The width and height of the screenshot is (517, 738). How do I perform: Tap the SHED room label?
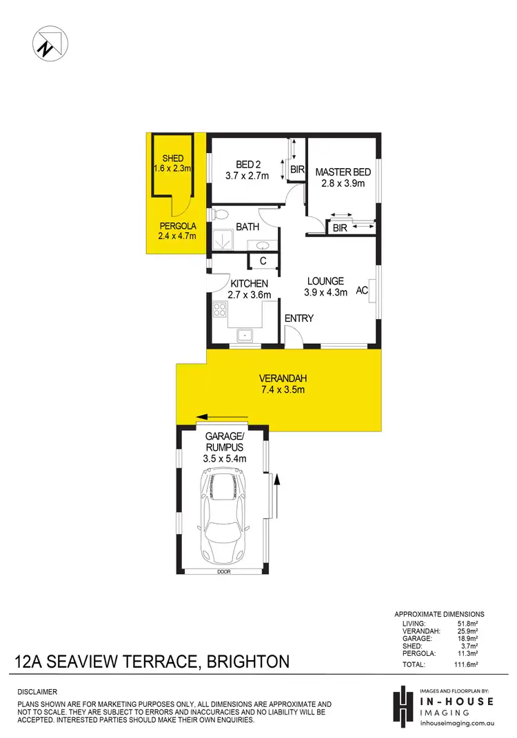point(172,158)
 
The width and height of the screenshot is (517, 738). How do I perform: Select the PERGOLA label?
point(179,226)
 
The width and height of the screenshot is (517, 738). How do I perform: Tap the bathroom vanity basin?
point(263,245)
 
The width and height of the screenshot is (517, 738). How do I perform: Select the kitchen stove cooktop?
point(221,309)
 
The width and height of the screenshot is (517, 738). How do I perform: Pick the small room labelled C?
point(263,261)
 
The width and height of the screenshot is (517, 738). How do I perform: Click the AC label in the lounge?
point(361,291)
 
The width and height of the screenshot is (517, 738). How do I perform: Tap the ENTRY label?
point(299,318)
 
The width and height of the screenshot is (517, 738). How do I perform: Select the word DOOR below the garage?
point(223,572)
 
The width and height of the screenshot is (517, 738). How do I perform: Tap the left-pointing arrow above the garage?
point(221,417)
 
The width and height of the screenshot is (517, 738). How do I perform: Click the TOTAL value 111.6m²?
point(465,664)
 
